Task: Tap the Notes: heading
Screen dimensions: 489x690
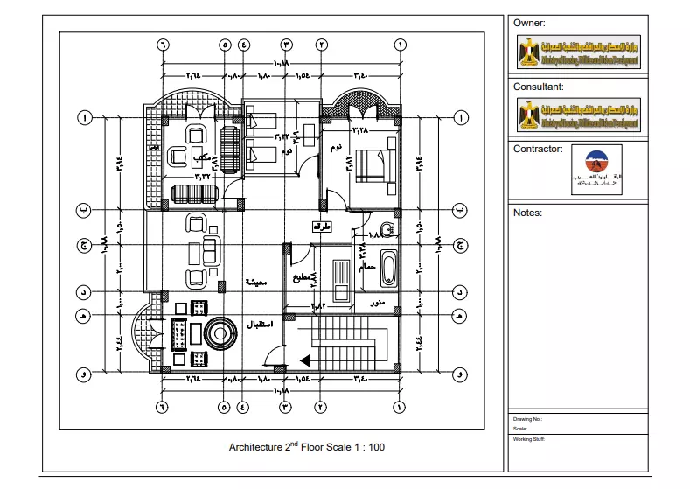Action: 528,213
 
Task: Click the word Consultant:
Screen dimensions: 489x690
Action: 538,87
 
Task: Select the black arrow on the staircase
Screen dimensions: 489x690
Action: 305,359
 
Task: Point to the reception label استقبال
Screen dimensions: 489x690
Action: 260,324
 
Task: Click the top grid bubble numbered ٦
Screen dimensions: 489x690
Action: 162,44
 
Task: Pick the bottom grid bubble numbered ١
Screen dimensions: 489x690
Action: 400,406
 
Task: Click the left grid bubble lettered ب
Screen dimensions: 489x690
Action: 85,211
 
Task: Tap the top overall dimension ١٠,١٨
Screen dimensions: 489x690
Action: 281,63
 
